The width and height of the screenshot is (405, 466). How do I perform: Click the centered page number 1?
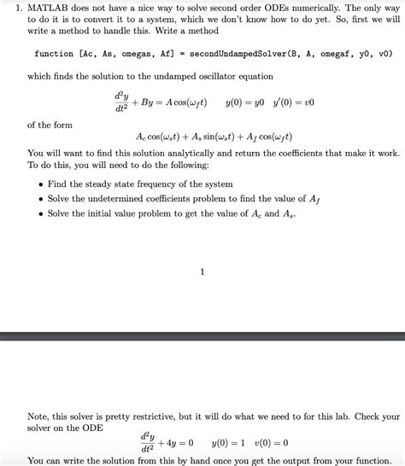click(202, 272)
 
